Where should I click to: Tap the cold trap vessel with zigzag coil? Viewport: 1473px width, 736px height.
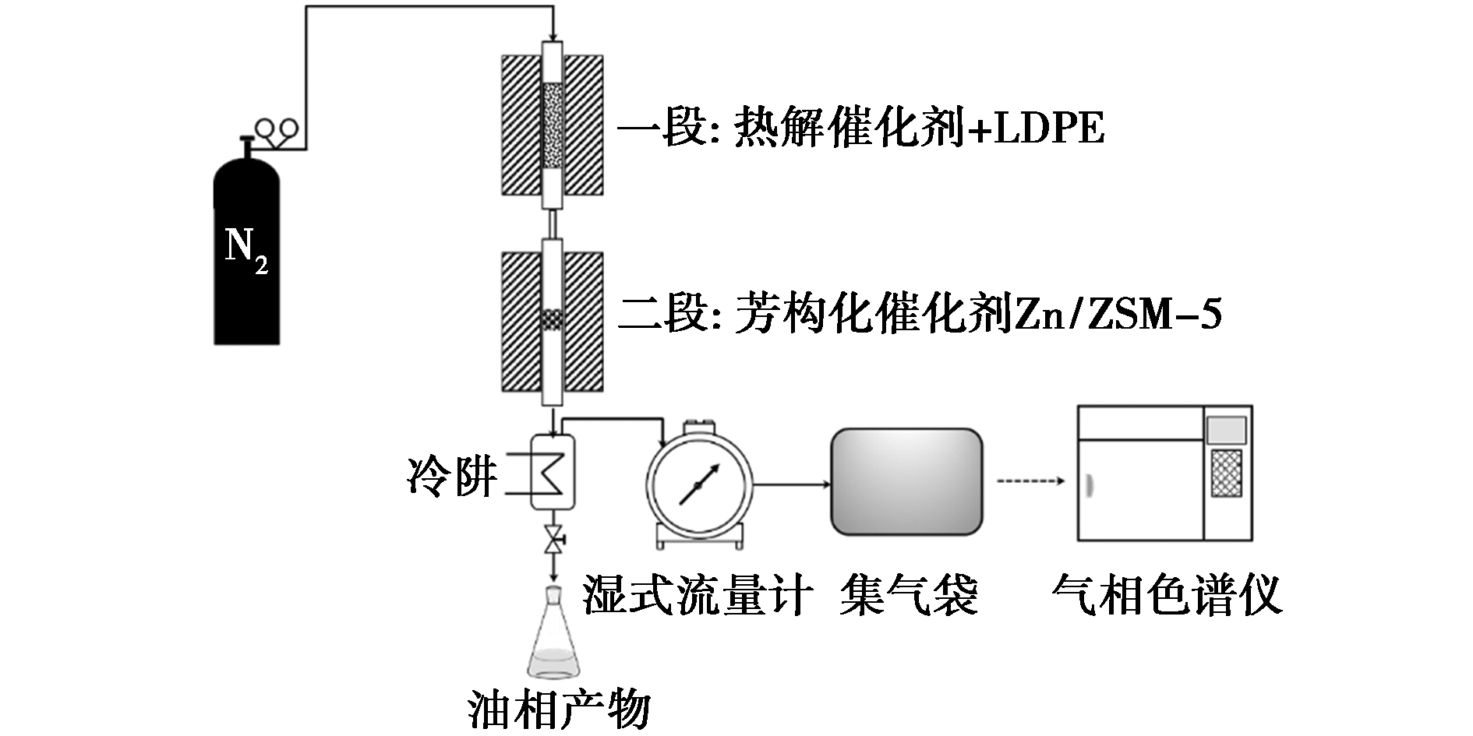[553, 470]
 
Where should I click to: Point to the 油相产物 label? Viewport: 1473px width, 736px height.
[559, 710]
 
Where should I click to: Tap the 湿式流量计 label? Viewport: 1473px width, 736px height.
[698, 595]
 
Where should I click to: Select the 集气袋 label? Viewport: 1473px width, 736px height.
[909, 595]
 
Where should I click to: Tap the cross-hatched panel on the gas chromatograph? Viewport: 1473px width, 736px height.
[1226, 474]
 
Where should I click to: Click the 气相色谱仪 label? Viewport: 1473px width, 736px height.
[1166, 595]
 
